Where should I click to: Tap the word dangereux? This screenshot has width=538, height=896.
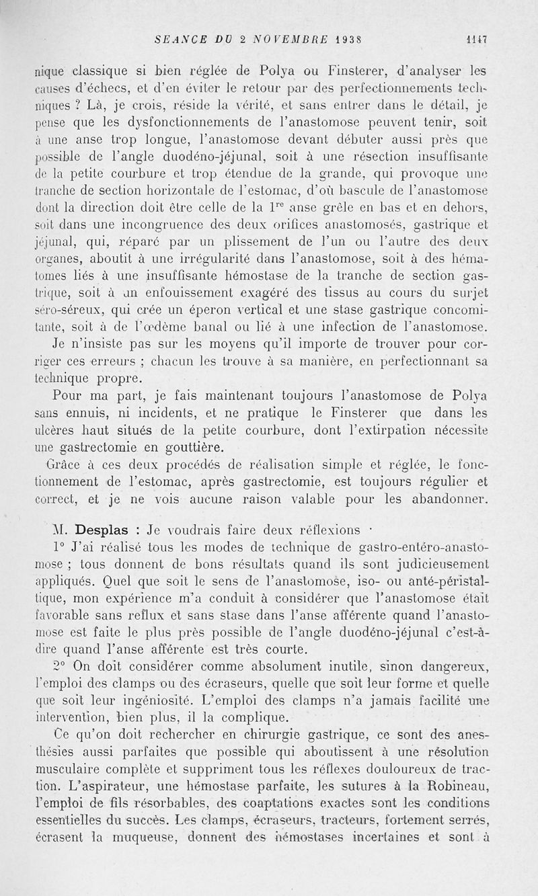tap(475, 667)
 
